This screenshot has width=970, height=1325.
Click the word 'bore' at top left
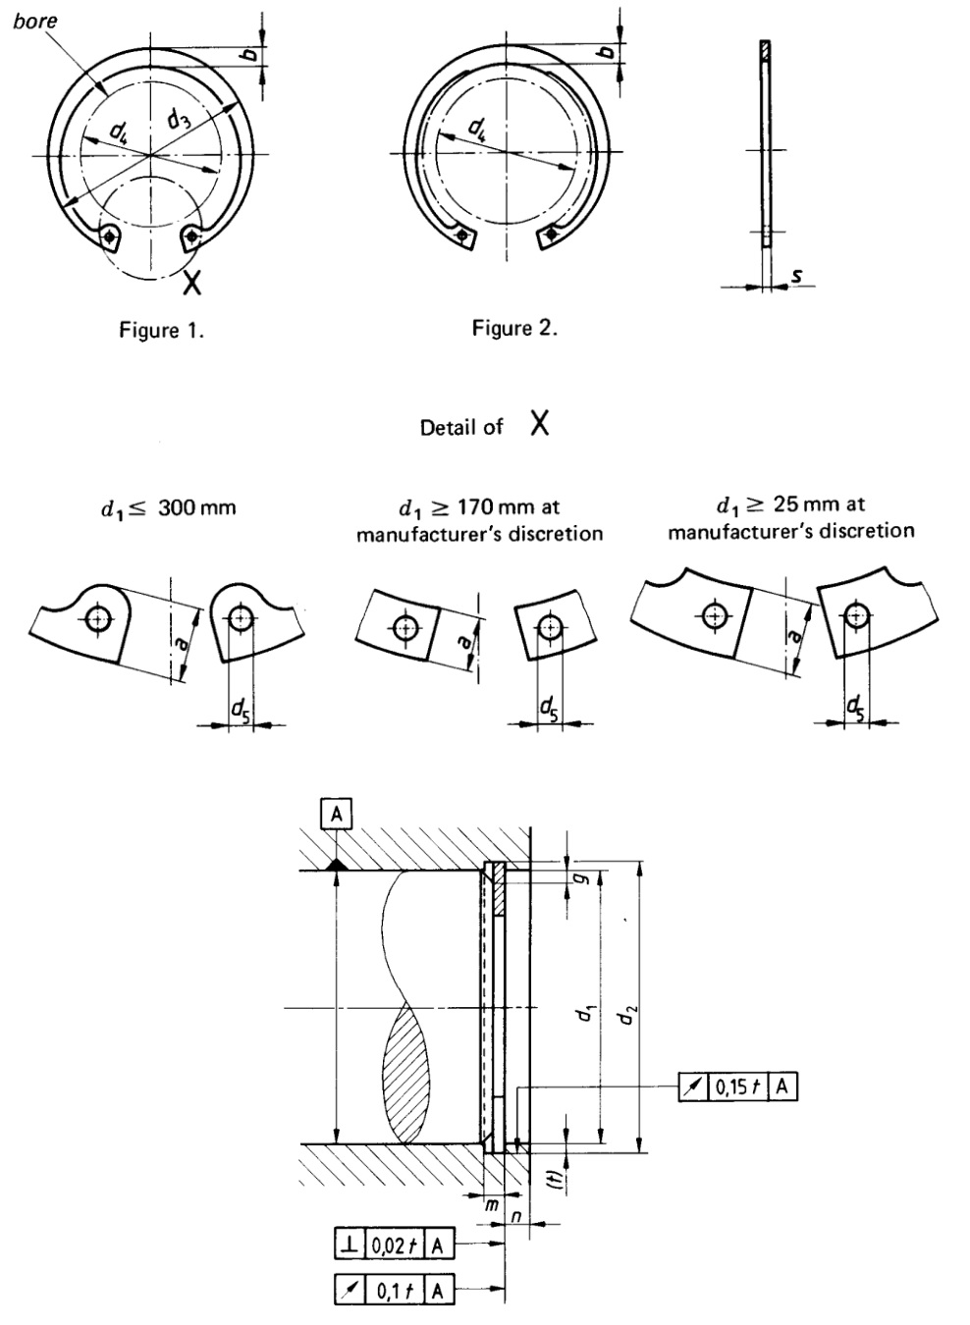click(x=35, y=21)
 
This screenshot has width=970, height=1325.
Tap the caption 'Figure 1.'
click(x=162, y=331)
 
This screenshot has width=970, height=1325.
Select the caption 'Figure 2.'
click(x=514, y=328)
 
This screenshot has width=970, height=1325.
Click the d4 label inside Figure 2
click(x=479, y=127)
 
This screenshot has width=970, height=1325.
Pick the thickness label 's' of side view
click(x=796, y=278)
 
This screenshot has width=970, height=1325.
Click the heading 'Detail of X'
click(x=484, y=425)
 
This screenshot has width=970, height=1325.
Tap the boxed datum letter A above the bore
click(x=337, y=813)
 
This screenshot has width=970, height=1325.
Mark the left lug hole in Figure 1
click(x=110, y=236)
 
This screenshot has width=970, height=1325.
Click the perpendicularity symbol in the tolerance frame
click(x=349, y=1245)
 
